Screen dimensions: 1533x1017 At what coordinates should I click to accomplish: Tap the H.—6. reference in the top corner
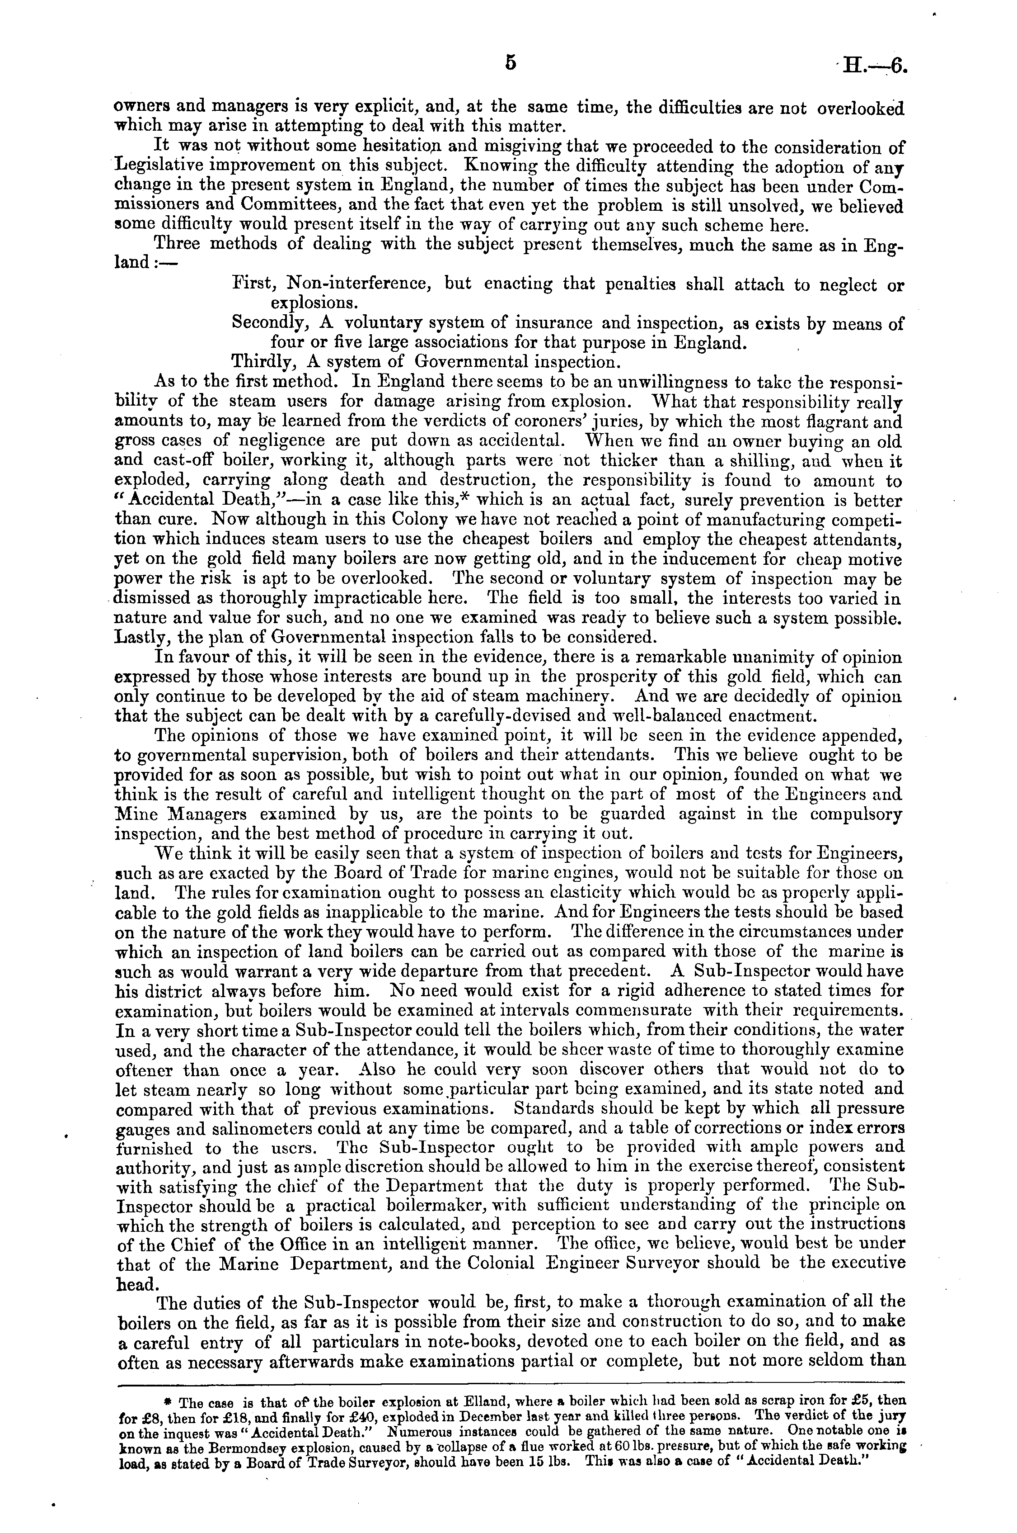(x=872, y=67)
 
